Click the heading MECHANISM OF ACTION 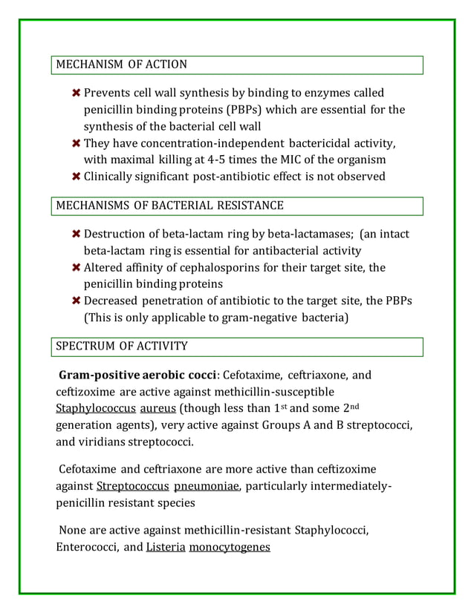(122, 65)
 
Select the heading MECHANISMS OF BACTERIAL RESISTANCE (169, 205)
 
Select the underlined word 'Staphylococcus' (96, 408)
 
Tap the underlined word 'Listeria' (166, 548)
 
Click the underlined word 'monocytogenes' (230, 548)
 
